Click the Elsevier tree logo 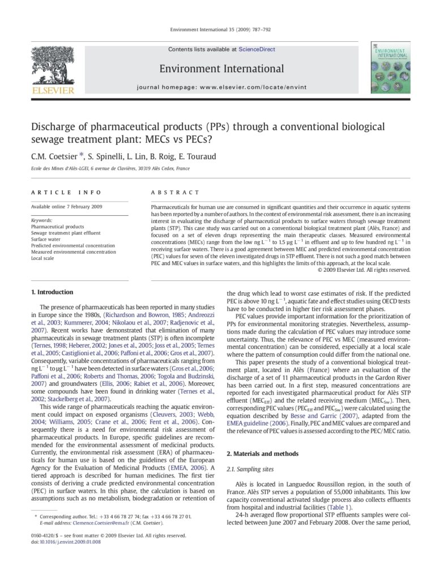pyautogui.click(x=52, y=67)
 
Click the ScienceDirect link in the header pyautogui.click(x=257, y=49)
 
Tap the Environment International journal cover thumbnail pyautogui.click(x=391, y=67)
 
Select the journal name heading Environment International pyautogui.click(x=221, y=69)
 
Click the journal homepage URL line pyautogui.click(x=221, y=88)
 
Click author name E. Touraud pyautogui.click(x=197, y=156)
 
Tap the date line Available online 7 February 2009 pyautogui.click(x=67, y=207)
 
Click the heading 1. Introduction pyautogui.click(x=52, y=292)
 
